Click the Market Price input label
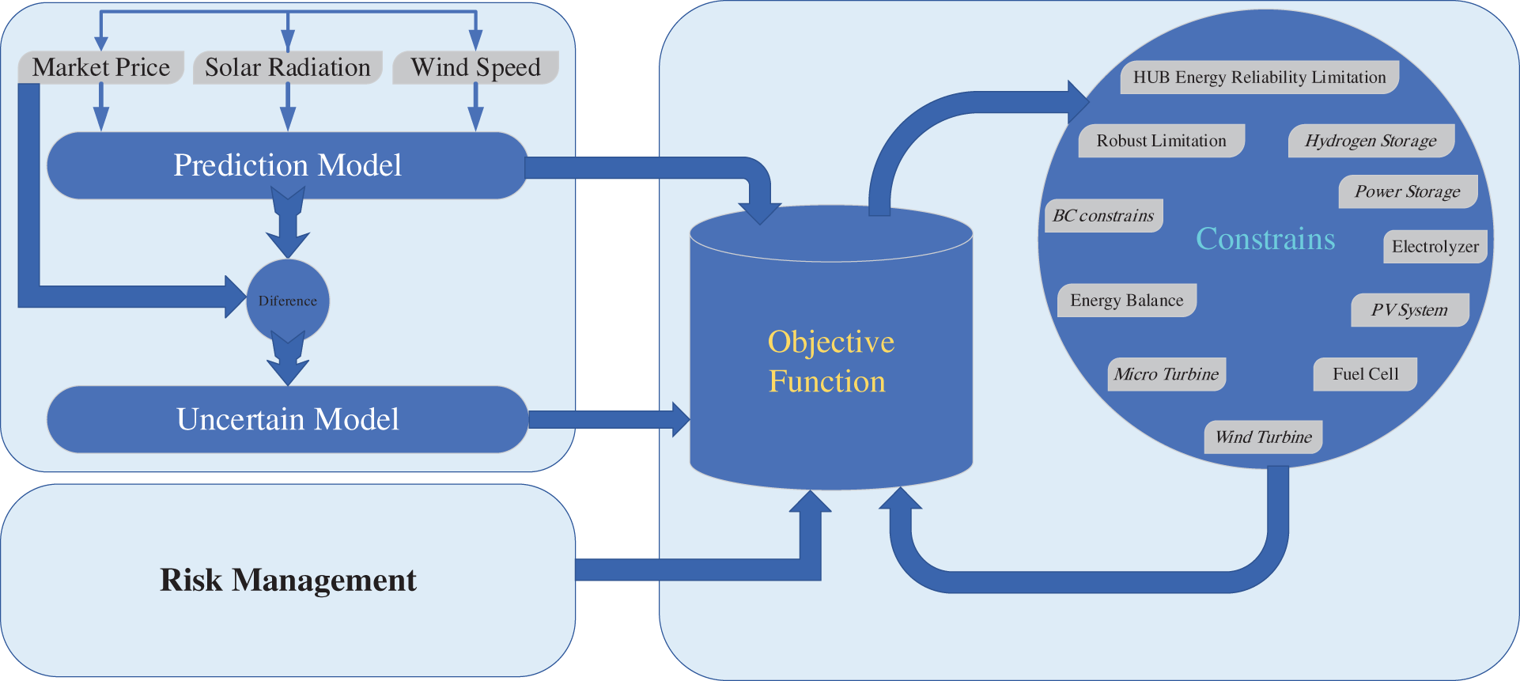pos(101,67)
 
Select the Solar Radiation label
pos(288,67)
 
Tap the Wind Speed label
pos(475,67)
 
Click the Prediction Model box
pos(287,165)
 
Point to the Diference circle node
pos(288,301)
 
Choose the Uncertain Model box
pos(287,419)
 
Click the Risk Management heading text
pos(288,580)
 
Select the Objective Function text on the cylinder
pos(830,361)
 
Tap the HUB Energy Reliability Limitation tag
pos(1259,78)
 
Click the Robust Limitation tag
pos(1161,141)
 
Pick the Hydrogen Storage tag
pos(1371,141)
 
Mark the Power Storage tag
pos(1408,191)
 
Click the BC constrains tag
pos(1103,216)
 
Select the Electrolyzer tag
pos(1435,247)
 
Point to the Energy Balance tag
pos(1126,301)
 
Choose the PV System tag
pos(1409,310)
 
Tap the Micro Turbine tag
pos(1166,374)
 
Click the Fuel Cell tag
pos(1365,374)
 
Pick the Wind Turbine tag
pos(1263,437)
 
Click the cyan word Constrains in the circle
pos(1265,239)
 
